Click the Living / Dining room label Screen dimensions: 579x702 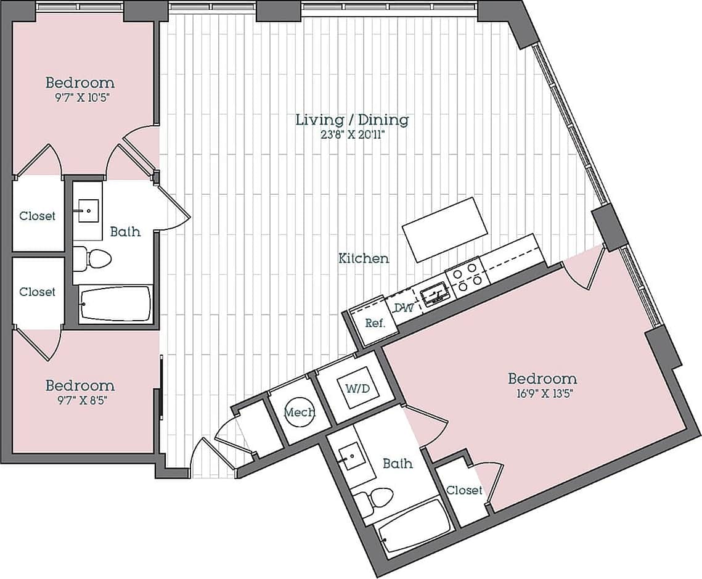pos(352,120)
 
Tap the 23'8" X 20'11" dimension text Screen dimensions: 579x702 pos(352,136)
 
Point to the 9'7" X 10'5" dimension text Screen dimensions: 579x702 pos(80,97)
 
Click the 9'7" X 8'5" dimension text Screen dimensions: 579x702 pos(80,400)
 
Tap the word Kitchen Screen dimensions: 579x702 pos(364,258)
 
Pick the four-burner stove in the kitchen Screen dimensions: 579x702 pos(467,274)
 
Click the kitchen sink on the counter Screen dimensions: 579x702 pos(436,292)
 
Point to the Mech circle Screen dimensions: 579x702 pos(300,413)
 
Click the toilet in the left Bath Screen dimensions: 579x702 pos(92,259)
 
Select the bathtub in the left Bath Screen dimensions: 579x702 pos(115,304)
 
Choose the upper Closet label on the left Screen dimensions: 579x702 pos(37,216)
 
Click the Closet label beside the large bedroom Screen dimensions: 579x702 pos(464,490)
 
